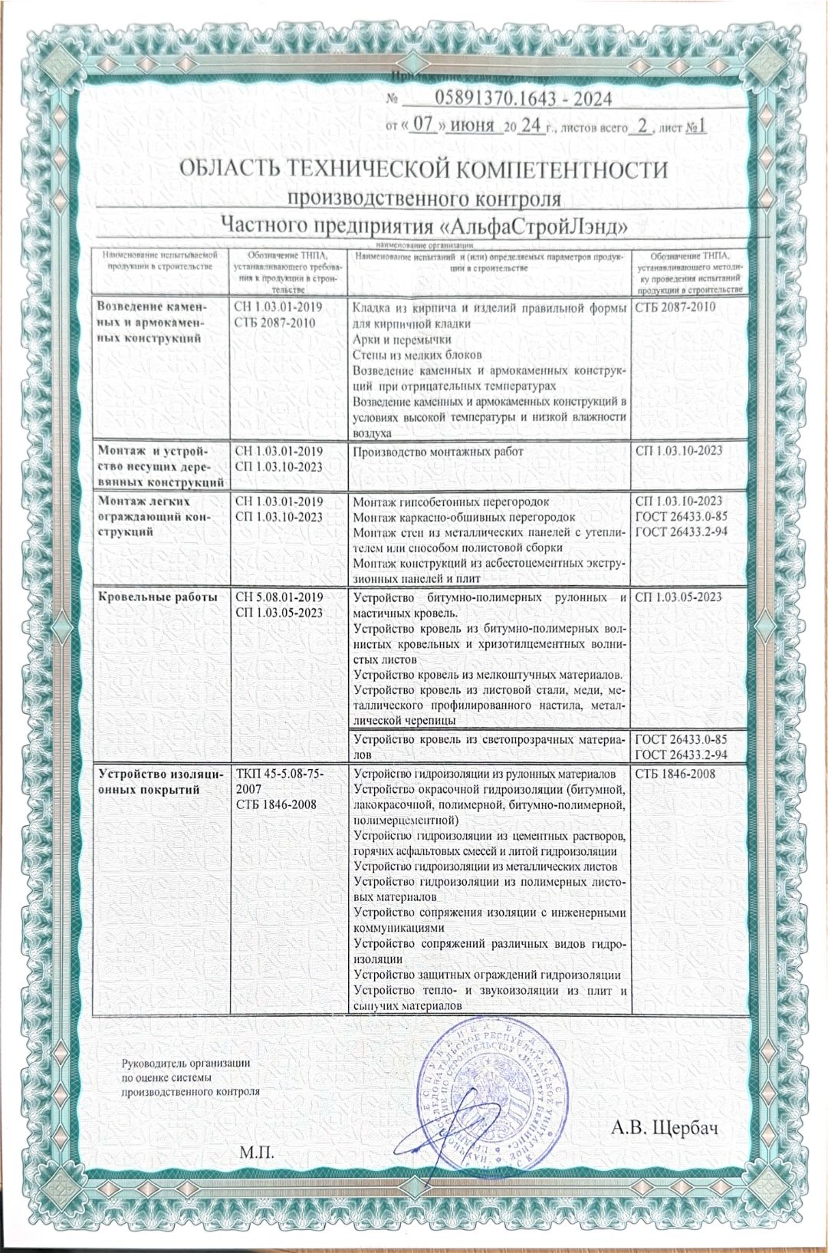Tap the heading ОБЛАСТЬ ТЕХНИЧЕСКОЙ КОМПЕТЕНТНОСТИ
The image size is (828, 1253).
click(423, 169)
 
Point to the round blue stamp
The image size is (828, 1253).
click(495, 1098)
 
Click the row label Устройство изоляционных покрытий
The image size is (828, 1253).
click(158, 781)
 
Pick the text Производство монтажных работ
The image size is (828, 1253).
click(438, 452)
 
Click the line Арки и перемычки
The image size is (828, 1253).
click(402, 339)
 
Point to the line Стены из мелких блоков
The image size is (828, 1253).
click(417, 354)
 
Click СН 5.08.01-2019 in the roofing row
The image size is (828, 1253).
click(278, 597)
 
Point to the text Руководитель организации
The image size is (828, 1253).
click(187, 1063)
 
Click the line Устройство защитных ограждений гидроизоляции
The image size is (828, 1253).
click(486, 975)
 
